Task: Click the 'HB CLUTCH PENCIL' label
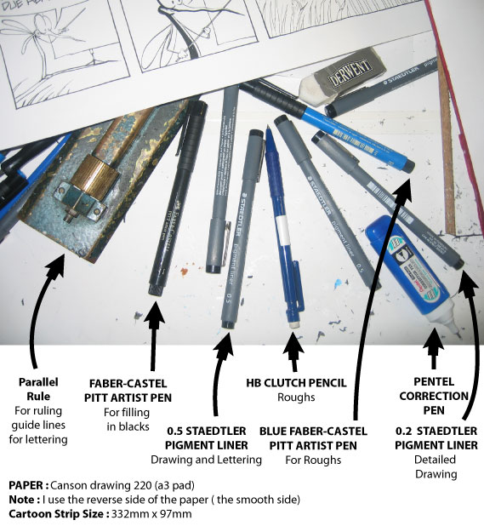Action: tap(295, 383)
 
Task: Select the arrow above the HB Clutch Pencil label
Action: tap(293, 349)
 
